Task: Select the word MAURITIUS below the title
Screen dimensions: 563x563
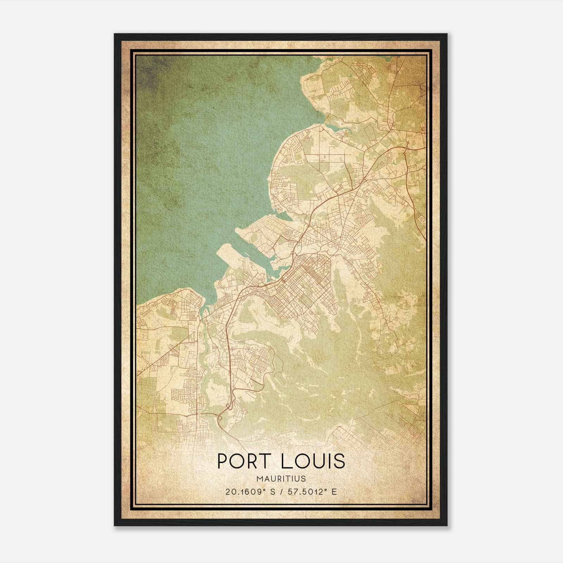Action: pos(281,479)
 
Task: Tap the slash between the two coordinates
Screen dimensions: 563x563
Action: pos(281,492)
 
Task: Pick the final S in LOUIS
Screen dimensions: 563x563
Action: pos(339,461)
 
